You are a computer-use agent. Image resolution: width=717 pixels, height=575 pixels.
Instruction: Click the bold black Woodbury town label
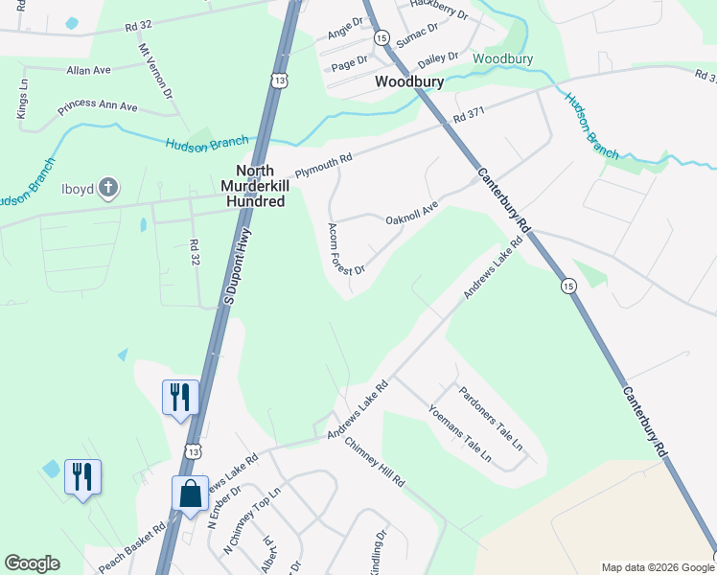[409, 82]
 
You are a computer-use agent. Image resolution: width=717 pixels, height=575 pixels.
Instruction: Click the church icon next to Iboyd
[109, 188]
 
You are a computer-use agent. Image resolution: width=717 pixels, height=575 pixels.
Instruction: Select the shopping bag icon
[191, 494]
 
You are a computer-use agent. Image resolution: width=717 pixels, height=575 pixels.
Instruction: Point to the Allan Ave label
[89, 70]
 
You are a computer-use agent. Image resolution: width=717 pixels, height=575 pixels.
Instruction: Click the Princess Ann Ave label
[98, 106]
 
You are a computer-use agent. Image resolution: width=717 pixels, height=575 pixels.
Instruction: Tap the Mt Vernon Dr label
[153, 71]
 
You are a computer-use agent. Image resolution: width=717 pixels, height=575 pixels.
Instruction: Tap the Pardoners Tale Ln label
[490, 418]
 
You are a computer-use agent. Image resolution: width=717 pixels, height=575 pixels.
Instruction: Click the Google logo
[32, 563]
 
